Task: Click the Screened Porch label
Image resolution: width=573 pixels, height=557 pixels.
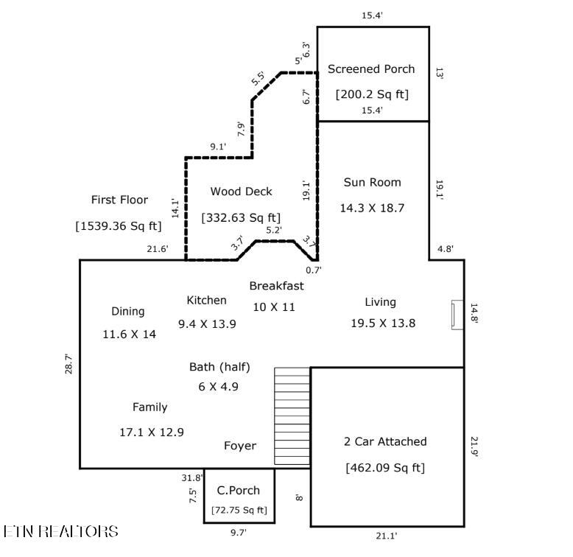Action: [371, 69]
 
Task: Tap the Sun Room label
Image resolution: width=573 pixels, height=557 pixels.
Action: [373, 183]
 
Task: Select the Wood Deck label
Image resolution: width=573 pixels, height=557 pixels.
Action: [241, 192]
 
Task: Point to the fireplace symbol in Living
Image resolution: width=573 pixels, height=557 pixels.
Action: [457, 315]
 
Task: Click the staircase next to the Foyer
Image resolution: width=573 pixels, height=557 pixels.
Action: [292, 416]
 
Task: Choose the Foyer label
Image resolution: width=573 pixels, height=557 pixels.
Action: [240, 446]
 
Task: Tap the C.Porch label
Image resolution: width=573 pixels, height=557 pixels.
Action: [239, 491]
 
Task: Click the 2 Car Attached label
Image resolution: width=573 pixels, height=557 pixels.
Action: [385, 441]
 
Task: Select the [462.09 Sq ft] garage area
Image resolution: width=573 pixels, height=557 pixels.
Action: [385, 468]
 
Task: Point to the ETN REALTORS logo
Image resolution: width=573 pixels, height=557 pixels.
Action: [61, 531]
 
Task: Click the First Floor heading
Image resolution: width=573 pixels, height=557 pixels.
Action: [119, 200]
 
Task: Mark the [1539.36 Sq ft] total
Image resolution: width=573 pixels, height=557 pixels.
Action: [119, 226]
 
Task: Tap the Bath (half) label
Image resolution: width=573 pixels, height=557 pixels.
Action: [219, 367]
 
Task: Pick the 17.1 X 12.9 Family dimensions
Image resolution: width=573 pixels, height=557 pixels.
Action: [152, 432]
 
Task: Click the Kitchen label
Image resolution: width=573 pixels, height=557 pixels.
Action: [206, 301]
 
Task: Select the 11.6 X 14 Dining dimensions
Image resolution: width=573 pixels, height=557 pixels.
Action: [130, 334]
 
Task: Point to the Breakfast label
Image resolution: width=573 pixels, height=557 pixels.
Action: [277, 286]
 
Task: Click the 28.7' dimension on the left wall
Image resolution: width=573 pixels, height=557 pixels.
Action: [68, 364]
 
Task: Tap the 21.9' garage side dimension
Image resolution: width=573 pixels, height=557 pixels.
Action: [474, 447]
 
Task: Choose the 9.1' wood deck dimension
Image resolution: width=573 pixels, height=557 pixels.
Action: [218, 147]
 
